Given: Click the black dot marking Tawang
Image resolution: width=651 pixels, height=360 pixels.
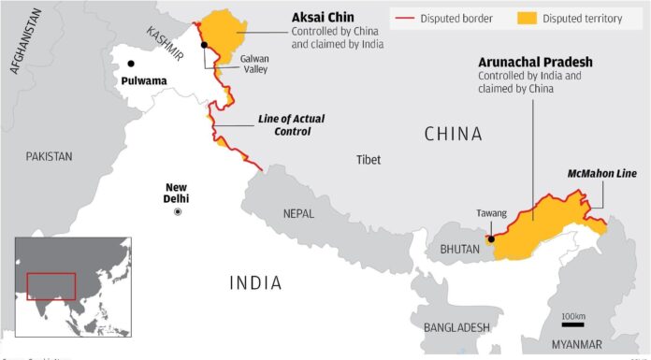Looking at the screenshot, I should tap(490, 239).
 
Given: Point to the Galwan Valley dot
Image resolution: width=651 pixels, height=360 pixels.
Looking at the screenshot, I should tap(204, 45).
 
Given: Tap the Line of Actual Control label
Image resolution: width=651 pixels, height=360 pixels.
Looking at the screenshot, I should tap(284, 126).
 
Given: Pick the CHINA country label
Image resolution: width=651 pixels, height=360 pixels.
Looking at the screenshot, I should tap(454, 135).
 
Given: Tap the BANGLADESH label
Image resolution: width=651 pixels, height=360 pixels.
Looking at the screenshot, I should tap(456, 327).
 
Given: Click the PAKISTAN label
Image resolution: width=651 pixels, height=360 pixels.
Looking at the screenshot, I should tap(49, 156).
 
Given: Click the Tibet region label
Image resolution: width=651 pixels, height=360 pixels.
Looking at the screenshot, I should tap(369, 160).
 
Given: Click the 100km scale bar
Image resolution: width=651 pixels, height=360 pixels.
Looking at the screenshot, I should tap(572, 324).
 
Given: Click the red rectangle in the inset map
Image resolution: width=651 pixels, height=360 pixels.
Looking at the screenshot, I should tap(51, 286).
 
